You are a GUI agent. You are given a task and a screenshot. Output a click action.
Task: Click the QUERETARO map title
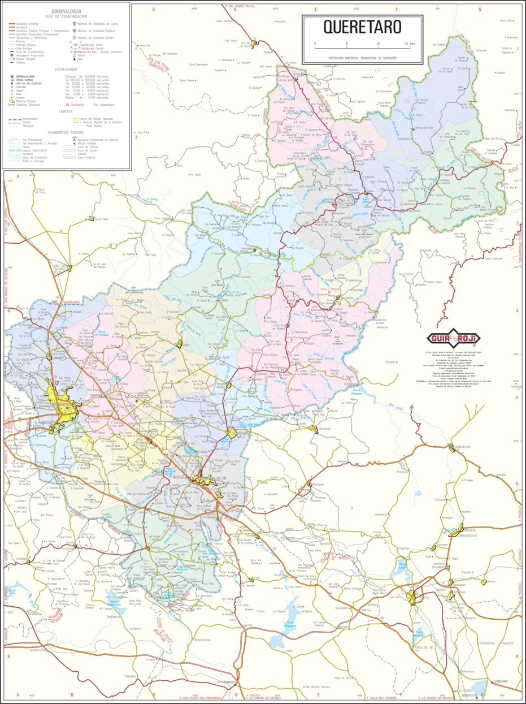point(362,27)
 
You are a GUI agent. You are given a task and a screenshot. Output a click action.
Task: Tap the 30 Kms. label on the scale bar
point(410,44)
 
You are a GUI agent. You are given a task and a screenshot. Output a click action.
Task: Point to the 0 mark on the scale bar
point(315,44)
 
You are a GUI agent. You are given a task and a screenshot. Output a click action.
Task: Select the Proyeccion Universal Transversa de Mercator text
point(362,58)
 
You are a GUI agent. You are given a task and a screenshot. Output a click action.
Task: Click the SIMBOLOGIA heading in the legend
point(66,11)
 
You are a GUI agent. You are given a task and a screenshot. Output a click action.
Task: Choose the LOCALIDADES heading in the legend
point(66,69)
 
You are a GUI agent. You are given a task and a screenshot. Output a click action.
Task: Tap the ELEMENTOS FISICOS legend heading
point(66,132)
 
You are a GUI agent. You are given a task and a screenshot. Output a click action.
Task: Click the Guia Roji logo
point(450,339)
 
